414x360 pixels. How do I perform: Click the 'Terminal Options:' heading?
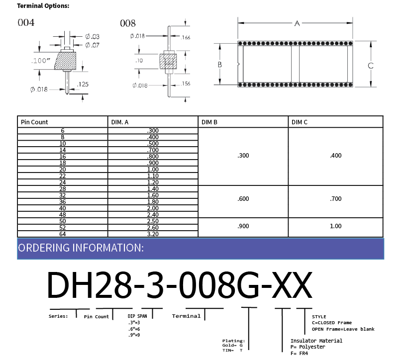43,6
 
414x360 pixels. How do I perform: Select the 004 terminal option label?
26,22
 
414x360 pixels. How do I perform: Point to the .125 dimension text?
83,84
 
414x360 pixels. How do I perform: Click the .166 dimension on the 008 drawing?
186,37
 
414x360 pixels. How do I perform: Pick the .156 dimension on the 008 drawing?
186,84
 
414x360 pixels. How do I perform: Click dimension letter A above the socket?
297,23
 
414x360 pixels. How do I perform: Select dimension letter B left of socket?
219,65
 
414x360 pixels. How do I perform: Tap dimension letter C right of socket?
370,66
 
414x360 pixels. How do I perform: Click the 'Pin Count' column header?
34,122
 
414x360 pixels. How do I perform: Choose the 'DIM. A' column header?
120,122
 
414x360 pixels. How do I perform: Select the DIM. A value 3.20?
153,234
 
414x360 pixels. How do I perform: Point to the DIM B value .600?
243,199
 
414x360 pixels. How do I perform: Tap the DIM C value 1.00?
335,226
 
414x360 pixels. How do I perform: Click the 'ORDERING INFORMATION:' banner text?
81,248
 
